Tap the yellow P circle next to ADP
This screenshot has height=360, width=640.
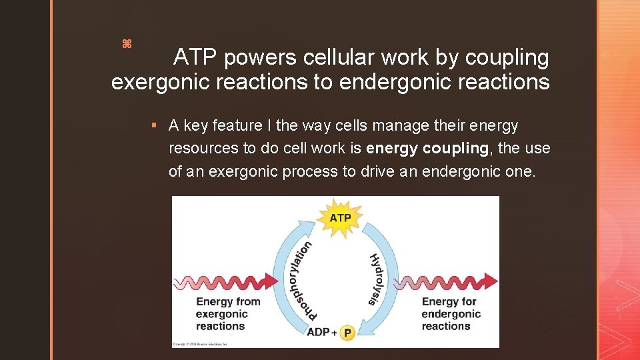click(x=347, y=332)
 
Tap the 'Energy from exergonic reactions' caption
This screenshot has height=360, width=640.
click(x=227, y=314)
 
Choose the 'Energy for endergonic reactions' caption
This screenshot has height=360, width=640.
click(x=451, y=314)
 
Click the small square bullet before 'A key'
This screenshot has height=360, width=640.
click(x=154, y=125)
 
